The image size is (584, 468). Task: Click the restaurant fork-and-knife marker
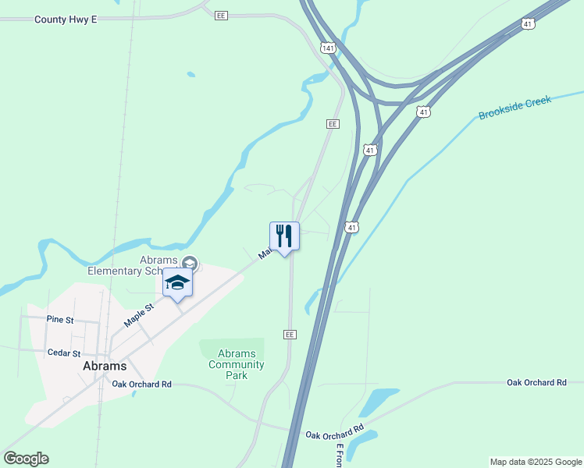(284, 236)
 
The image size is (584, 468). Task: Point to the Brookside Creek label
(515, 108)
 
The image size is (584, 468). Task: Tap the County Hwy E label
(66, 19)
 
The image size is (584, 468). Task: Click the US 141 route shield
(328, 48)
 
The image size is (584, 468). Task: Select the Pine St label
(60, 320)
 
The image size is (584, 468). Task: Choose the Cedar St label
(64, 353)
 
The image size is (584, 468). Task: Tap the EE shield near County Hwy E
(221, 15)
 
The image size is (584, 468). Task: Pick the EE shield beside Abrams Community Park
(290, 334)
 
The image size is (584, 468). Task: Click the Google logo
(26, 459)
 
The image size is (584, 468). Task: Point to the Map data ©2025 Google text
(536, 462)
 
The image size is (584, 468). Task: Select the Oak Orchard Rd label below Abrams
(141, 384)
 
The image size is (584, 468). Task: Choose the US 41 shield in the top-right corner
(529, 24)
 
